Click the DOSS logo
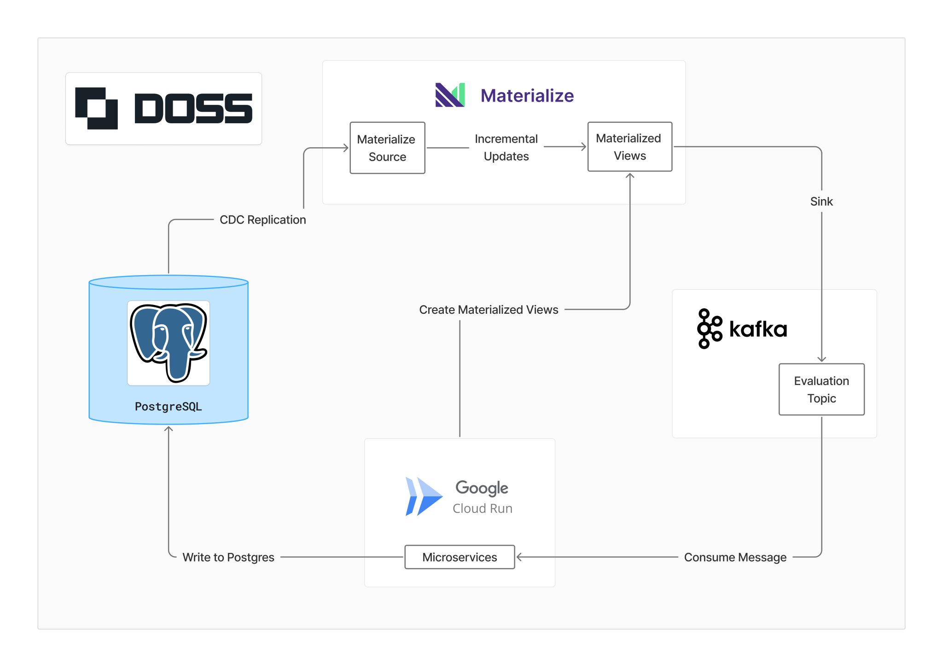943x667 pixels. point(163,109)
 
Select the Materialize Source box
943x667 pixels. point(387,148)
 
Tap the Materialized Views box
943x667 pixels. point(629,147)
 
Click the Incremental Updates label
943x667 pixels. point(506,148)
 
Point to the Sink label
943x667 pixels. point(821,201)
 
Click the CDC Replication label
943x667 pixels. point(262,220)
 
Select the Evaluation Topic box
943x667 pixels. point(821,390)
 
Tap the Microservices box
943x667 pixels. point(460,557)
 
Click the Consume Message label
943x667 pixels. point(735,557)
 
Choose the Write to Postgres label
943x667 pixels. point(228,557)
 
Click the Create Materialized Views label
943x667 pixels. point(489,310)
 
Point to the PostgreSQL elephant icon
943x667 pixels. point(169,343)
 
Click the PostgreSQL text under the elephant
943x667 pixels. point(169,407)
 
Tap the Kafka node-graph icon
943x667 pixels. point(709,328)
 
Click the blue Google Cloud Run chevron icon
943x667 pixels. point(423,496)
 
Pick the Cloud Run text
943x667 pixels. point(482,508)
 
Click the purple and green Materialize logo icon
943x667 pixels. point(450,95)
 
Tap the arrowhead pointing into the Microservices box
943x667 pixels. point(519,557)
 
